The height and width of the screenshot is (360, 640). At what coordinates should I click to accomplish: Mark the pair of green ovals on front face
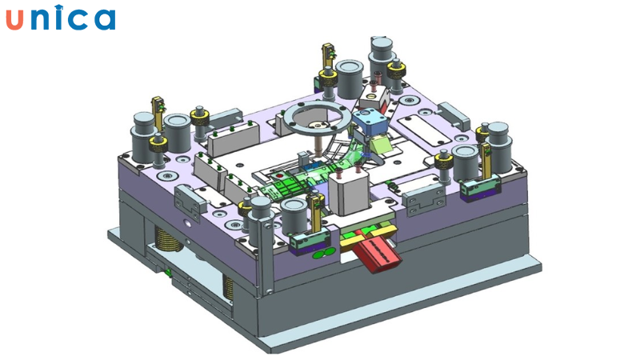(x=322, y=254)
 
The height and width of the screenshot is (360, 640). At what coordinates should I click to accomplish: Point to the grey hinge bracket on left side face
(x=186, y=195)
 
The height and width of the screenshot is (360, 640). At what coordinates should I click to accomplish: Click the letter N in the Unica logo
(x=41, y=18)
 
